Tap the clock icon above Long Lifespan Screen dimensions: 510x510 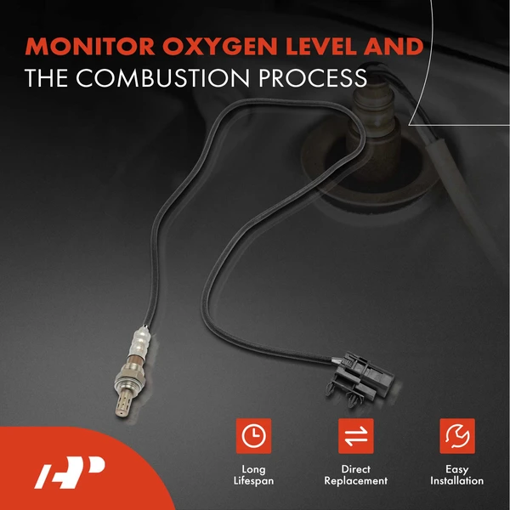[252, 435]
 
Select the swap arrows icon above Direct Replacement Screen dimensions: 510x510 [355, 435]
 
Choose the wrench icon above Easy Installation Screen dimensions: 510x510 [457, 435]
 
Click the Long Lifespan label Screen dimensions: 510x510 [252, 475]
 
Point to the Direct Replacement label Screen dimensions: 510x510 [355, 475]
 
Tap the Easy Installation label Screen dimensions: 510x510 [457, 475]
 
